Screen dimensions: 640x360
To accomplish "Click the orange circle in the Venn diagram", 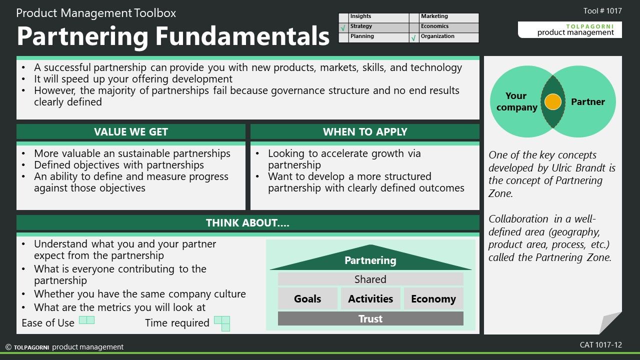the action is click(553, 101).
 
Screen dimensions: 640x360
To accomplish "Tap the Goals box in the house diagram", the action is click(307, 298).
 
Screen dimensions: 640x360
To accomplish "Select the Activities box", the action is click(370, 298).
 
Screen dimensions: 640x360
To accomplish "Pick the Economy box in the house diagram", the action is click(433, 298).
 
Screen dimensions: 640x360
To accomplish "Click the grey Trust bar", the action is click(370, 318).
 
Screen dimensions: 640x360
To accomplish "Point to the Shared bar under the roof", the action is click(370, 279).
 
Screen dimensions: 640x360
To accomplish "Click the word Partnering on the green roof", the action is click(370, 260).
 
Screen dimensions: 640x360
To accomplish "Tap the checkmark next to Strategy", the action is click(343, 28).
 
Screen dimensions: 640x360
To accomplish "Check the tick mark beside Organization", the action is click(413, 38).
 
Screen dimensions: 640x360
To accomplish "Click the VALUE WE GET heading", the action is click(131, 131).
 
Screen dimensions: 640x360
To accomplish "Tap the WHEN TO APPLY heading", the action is click(365, 131).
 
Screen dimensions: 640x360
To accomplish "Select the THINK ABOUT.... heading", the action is click(247, 222).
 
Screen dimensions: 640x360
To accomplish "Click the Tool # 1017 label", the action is click(602, 11).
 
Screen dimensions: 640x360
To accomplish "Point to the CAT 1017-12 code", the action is click(601, 345).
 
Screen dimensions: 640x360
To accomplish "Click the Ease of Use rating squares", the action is click(86, 320).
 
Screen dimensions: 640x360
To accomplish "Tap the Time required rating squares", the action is click(222, 323).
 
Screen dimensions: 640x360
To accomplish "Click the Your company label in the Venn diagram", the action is click(516, 101).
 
